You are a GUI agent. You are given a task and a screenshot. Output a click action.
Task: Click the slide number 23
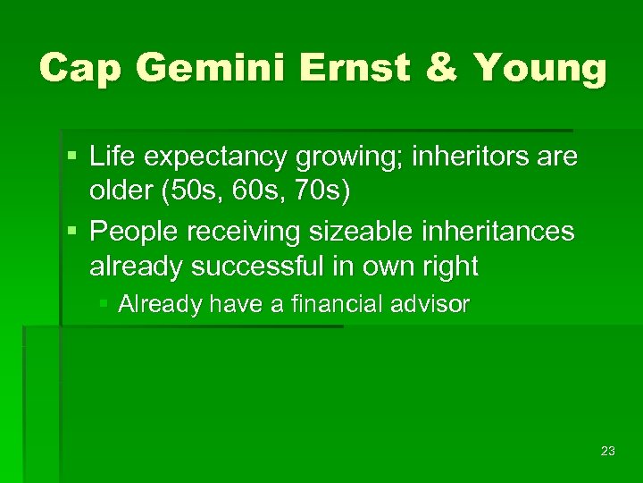tap(607, 451)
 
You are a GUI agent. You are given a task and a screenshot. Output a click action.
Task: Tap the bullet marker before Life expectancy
tap(71, 158)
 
